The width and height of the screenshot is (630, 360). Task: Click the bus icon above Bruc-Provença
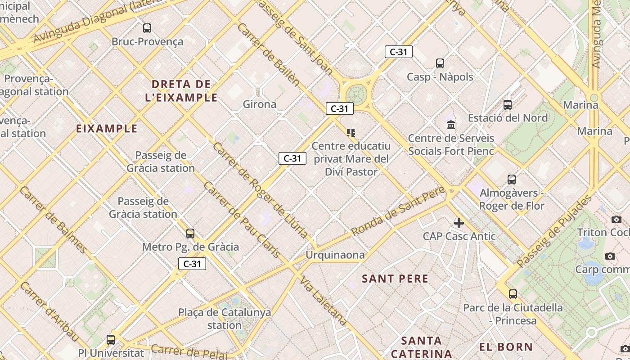(147, 28)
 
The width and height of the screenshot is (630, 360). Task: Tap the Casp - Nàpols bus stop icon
(440, 63)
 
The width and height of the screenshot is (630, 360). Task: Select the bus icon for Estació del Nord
(508, 105)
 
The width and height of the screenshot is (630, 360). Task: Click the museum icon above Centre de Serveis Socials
(450, 125)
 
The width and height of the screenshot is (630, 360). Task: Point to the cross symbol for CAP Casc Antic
(459, 223)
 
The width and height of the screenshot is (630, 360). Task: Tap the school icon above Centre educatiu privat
(351, 132)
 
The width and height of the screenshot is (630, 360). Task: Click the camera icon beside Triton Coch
(616, 219)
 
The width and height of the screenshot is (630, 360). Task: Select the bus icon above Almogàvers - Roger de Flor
(512, 180)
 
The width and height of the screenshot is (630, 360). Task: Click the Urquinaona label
(335, 255)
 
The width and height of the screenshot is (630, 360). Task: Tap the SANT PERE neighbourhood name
(395, 279)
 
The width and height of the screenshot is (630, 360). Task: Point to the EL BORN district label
(506, 347)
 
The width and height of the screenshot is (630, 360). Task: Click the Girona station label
(260, 104)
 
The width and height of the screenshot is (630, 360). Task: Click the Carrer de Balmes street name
(53, 220)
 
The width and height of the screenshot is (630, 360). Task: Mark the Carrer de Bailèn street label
(268, 54)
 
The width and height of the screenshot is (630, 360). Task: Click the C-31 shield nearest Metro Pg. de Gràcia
(192, 264)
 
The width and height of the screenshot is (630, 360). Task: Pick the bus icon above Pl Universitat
(111, 340)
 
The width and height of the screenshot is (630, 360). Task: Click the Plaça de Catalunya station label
(225, 319)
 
